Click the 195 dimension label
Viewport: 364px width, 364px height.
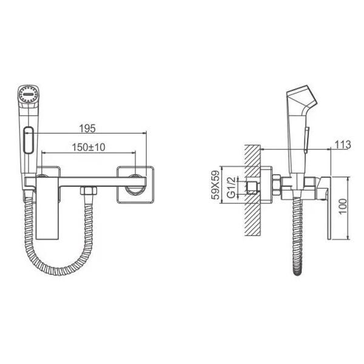[x=87, y=129]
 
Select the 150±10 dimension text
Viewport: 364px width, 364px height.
[x=89, y=147]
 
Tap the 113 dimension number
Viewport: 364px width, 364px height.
[x=343, y=144]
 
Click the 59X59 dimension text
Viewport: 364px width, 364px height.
[x=215, y=185]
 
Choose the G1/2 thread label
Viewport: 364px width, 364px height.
[x=231, y=187]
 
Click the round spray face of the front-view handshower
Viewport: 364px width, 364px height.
[x=28, y=94]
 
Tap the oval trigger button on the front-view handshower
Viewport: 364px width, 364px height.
[x=29, y=140]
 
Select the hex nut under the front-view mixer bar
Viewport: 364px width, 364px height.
[x=89, y=190]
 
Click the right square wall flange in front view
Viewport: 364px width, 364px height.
[x=135, y=184]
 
